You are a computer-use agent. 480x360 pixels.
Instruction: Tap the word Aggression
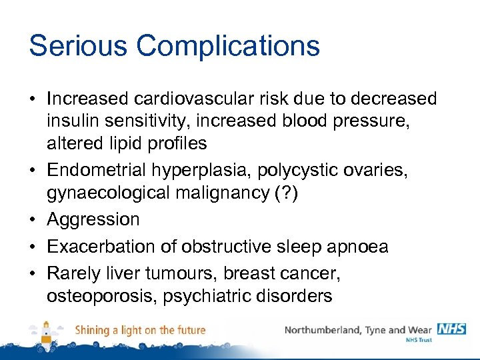click(93, 220)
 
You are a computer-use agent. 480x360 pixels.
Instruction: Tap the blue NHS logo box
click(451, 329)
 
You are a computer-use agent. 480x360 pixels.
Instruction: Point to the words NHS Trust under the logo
click(419, 340)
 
